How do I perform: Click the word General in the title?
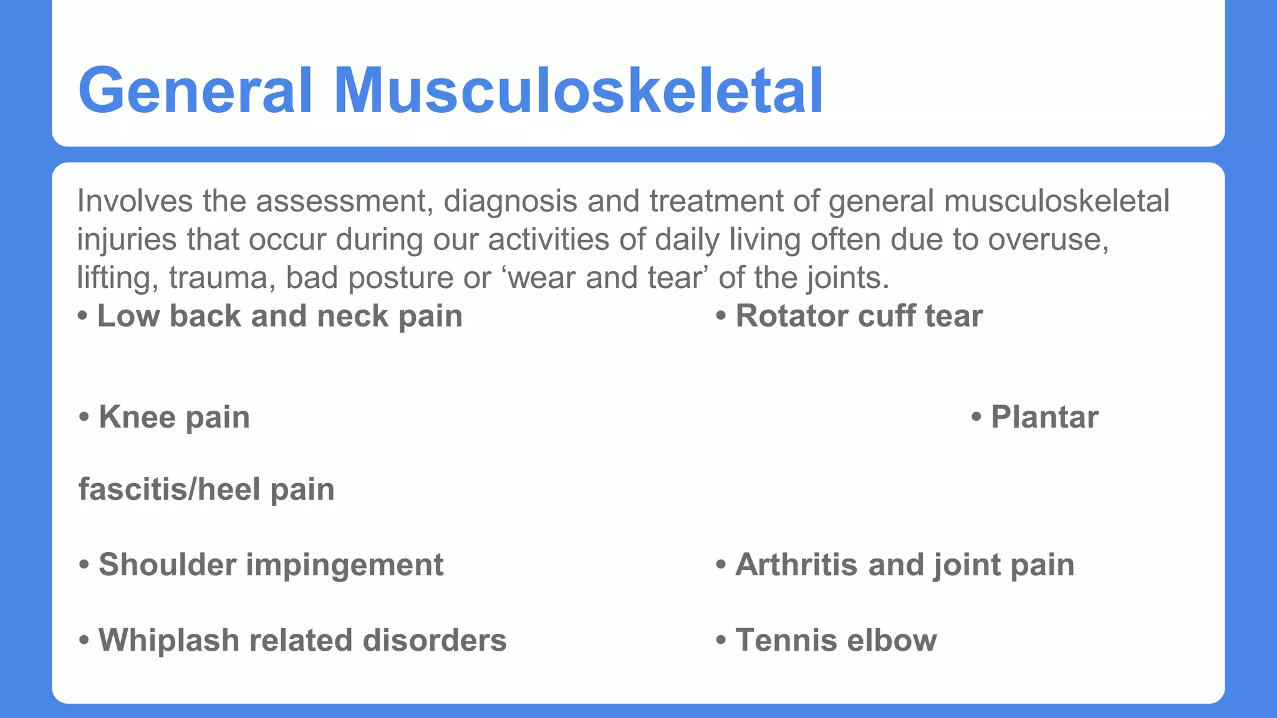point(195,91)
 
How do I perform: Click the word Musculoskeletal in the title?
point(579,91)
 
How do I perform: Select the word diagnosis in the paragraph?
point(511,201)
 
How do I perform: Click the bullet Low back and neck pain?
point(279,316)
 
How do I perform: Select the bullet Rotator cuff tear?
point(859,316)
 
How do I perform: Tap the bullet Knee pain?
point(174,417)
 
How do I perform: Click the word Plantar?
point(1044,417)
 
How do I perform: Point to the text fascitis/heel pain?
point(206,489)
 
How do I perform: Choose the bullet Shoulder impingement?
point(271,565)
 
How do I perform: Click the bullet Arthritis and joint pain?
point(904,565)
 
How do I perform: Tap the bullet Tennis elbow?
point(836,640)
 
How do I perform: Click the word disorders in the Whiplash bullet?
point(435,640)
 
